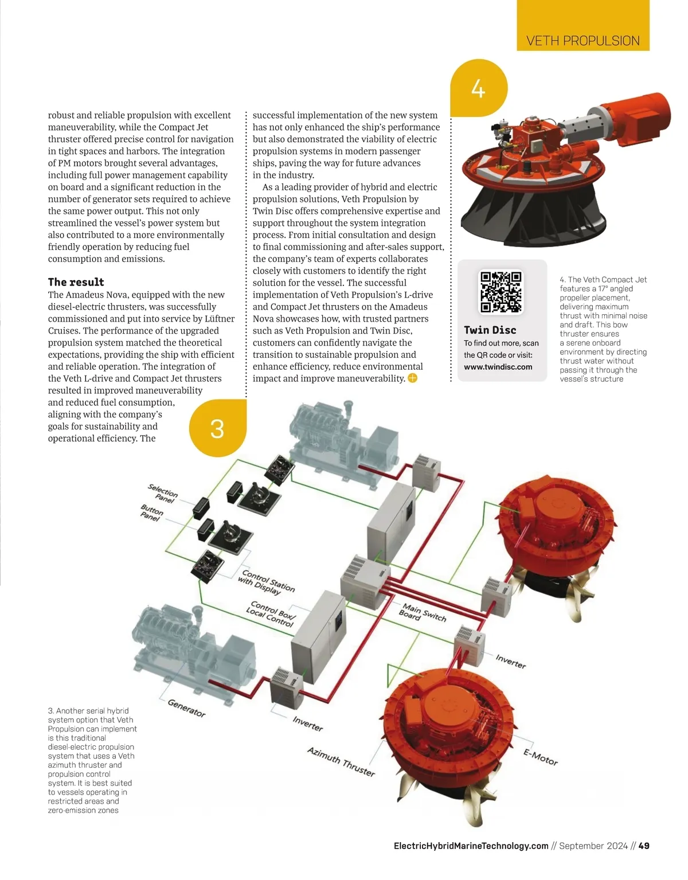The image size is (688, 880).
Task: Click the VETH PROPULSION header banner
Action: tap(583, 41)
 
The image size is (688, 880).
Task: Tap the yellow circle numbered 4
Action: tap(478, 89)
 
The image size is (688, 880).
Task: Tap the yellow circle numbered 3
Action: tap(217, 428)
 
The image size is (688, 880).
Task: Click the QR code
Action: tap(501, 291)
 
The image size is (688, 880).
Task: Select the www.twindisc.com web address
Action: tap(498, 367)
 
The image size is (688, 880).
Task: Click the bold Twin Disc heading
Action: tap(490, 330)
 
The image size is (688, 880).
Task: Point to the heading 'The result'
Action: tap(76, 282)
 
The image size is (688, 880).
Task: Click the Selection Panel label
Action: tap(163, 493)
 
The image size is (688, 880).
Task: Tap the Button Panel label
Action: tap(151, 513)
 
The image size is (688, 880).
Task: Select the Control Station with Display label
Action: tap(267, 581)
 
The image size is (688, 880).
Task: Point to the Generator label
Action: tap(186, 707)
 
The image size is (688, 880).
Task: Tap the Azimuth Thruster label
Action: tap(341, 761)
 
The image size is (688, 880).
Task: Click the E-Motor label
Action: tap(540, 757)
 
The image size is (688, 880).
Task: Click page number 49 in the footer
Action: tap(644, 846)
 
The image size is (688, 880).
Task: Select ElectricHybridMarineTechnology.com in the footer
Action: tap(471, 846)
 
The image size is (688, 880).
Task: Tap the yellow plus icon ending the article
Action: tap(412, 378)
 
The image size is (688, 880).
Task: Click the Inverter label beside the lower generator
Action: tap(308, 723)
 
